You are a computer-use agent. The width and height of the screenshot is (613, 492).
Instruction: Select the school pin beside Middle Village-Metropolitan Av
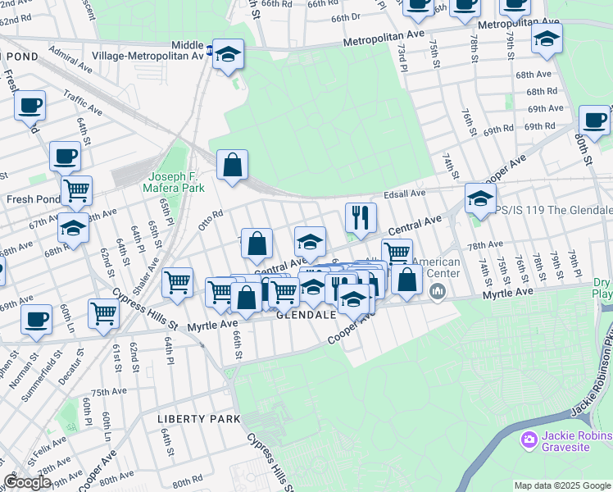point(229,55)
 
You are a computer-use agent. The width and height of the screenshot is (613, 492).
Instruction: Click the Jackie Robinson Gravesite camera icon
point(529,440)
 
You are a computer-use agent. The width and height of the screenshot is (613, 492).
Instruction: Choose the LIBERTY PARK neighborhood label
point(199,418)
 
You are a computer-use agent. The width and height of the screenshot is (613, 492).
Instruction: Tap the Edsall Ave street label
point(406,194)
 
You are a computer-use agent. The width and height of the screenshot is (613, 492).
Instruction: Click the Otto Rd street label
point(211,219)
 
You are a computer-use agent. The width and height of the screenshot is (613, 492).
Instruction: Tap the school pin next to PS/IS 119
point(480,198)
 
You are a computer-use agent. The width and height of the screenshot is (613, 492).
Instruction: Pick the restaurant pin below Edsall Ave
point(361,218)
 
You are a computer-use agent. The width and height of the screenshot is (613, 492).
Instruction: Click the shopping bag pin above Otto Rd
point(233,165)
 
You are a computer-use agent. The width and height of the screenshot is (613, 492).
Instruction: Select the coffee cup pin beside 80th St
point(594,121)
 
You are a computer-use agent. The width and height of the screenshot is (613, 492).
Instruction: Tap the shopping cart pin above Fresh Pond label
point(76,191)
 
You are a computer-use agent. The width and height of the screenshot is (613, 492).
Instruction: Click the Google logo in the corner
point(27,482)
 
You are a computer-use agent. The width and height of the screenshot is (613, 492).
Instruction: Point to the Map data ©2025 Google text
point(562,485)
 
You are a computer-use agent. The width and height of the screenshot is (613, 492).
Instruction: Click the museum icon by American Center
point(438,290)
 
